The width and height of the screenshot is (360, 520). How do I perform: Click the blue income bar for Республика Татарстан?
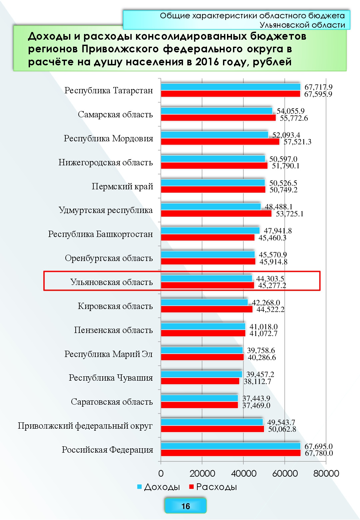(x=231, y=87)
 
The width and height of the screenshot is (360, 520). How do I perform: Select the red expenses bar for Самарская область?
(x=218, y=118)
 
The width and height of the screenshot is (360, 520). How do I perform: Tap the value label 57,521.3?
(x=297, y=142)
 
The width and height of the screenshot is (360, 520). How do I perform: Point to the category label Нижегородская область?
(x=106, y=163)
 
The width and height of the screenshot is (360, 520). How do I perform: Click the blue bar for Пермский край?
(x=213, y=183)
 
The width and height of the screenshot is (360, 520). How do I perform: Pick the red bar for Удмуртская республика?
(x=216, y=214)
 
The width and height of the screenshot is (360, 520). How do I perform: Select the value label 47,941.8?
(x=278, y=231)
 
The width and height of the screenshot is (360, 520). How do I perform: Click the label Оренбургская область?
(x=109, y=258)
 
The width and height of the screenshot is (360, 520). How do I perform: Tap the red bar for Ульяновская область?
(x=207, y=285)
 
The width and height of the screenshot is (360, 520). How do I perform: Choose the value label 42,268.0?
(x=266, y=303)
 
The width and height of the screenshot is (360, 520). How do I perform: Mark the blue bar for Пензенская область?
(x=203, y=326)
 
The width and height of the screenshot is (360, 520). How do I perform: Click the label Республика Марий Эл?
(x=109, y=354)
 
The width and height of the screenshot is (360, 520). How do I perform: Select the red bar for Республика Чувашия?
(x=200, y=381)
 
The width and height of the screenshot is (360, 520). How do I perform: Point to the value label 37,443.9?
(x=256, y=398)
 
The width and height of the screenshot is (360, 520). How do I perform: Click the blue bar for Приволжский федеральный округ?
(x=212, y=422)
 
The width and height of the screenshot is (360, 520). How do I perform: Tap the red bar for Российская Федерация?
(x=231, y=453)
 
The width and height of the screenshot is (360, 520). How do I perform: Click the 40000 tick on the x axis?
(x=243, y=473)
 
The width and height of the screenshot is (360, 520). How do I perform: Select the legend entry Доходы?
(x=159, y=487)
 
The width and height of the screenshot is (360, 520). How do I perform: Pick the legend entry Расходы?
(x=213, y=487)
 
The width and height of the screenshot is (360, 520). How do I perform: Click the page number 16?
(x=185, y=506)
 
